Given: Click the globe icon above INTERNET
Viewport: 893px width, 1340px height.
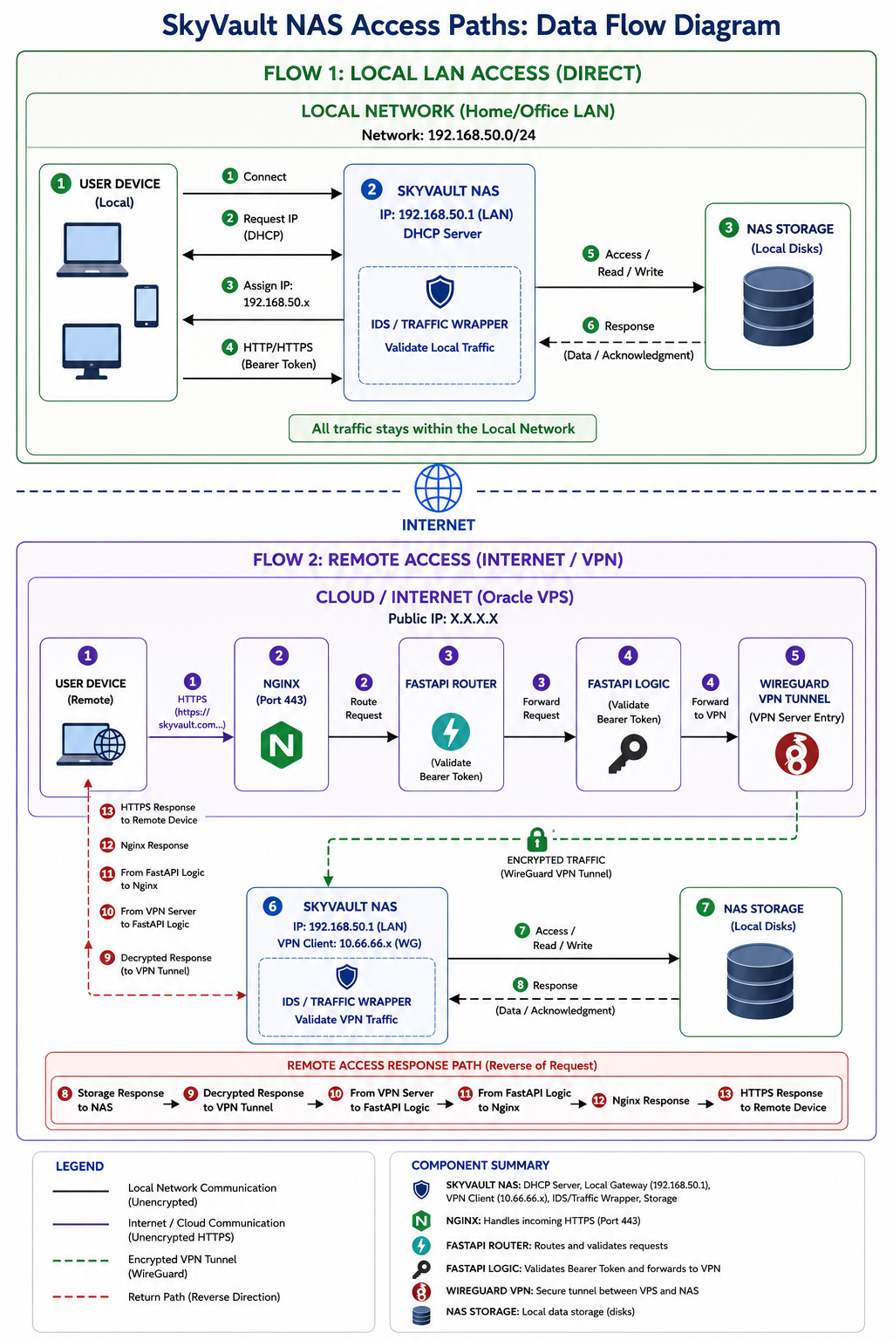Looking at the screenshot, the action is point(438,489).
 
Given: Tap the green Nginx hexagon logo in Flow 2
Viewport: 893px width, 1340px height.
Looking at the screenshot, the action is point(281,745).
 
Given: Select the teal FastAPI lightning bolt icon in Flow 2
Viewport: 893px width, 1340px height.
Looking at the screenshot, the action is point(450,732).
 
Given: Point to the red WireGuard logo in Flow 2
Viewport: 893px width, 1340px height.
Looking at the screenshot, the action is point(796,754).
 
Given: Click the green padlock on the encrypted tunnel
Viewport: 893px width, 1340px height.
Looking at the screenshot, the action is point(536,838).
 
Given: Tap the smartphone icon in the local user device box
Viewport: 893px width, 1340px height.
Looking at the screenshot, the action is point(147,305).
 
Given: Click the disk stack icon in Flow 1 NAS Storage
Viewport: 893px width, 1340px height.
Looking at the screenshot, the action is point(778,306).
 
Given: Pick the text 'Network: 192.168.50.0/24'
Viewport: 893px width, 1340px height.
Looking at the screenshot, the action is point(448,135).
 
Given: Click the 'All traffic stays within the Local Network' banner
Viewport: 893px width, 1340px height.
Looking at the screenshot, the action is point(443,428).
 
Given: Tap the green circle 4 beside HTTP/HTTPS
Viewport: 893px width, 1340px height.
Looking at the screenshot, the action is point(229,347).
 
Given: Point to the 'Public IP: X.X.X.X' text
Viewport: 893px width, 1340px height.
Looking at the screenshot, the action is point(443,619).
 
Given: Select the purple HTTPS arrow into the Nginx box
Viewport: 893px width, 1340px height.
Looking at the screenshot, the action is point(191,737).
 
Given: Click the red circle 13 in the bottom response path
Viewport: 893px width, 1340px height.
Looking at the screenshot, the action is point(725,1093).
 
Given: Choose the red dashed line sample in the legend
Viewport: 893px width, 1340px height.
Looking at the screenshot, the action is point(81,1297).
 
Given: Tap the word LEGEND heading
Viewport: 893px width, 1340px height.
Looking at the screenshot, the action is point(79,1166).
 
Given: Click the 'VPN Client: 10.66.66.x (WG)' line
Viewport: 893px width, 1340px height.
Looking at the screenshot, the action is point(350,943).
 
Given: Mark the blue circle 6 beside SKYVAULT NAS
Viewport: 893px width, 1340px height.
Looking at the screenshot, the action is point(273,906).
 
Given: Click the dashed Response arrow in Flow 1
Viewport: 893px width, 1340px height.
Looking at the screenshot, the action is point(622,342).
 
